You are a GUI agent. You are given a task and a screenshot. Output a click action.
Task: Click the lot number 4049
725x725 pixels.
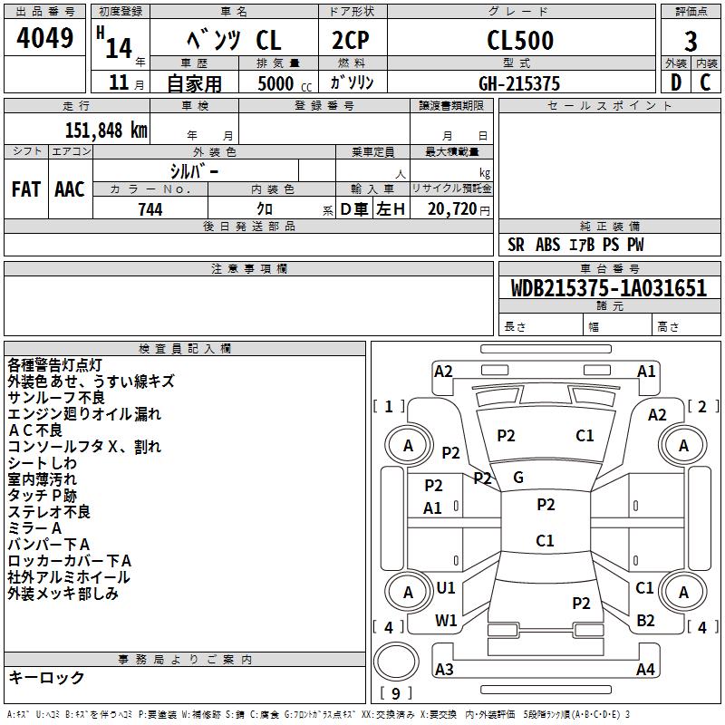click(x=44, y=38)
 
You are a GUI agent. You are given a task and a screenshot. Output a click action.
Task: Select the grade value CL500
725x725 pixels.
click(x=520, y=40)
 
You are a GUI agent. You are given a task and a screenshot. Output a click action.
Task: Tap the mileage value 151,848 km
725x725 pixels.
click(x=106, y=130)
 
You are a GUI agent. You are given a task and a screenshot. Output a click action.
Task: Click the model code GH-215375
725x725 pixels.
click(x=519, y=83)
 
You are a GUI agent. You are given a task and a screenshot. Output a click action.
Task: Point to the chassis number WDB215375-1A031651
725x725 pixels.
click(x=609, y=288)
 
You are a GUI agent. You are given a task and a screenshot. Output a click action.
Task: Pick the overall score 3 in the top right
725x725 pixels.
click(x=691, y=41)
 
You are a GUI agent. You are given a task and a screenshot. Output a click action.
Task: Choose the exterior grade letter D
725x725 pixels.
click(x=676, y=82)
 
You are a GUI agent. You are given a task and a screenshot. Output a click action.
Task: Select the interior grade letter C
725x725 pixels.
click(x=706, y=82)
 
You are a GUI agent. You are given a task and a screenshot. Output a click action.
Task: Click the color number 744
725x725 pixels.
click(x=150, y=209)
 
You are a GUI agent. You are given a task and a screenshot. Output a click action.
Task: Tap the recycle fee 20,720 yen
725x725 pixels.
click(x=459, y=209)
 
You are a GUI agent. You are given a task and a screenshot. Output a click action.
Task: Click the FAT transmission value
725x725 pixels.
click(x=26, y=189)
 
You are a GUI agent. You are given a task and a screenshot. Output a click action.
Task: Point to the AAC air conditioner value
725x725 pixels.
click(x=70, y=189)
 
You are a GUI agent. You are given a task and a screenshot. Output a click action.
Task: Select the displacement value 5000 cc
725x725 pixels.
click(x=285, y=83)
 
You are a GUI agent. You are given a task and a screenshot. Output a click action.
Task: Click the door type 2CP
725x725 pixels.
click(x=351, y=40)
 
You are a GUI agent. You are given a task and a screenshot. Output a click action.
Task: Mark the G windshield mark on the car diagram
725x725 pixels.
click(x=518, y=478)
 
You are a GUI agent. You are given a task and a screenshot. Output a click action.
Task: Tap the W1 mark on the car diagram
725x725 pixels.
click(x=446, y=621)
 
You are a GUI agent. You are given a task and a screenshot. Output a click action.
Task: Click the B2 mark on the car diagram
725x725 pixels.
click(x=645, y=621)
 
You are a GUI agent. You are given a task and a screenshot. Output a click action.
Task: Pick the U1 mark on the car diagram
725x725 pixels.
click(x=446, y=588)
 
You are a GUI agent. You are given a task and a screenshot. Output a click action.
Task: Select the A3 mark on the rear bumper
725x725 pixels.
click(x=444, y=669)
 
